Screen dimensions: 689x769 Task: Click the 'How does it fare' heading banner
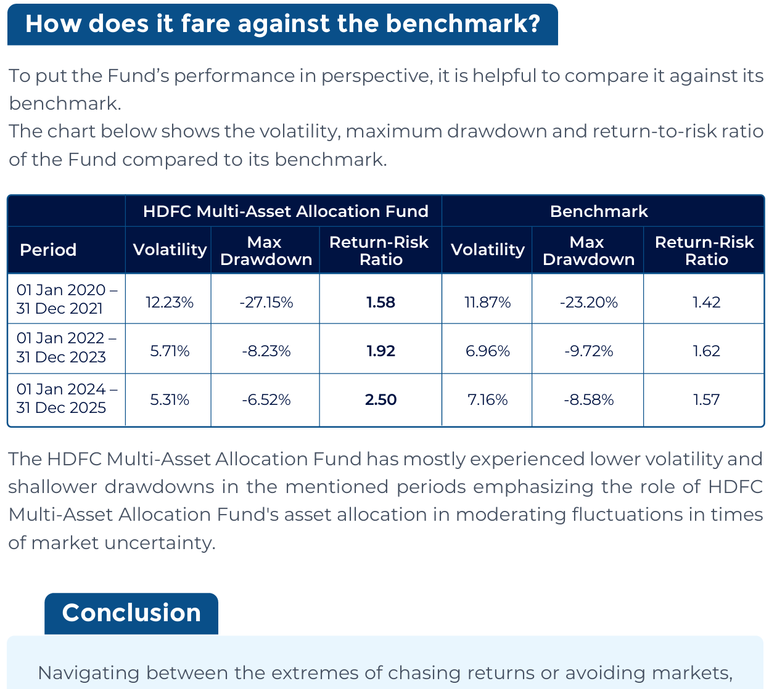282,24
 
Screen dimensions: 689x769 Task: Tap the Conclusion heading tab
131,613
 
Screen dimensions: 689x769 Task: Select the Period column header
48,250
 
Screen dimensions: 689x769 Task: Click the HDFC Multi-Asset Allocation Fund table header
286,211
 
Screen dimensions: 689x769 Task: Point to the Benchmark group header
599,211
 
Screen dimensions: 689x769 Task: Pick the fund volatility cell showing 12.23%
170,303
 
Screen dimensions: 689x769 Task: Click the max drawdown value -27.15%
266,303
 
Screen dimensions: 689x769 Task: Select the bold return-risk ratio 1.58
380,303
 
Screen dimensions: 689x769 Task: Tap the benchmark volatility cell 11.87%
487,303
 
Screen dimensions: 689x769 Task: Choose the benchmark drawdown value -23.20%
589,303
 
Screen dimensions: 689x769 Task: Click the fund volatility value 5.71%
170,351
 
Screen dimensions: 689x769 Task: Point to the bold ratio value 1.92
380,351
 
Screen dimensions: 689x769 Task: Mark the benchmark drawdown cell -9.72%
589,351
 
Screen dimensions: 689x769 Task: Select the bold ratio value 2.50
380,400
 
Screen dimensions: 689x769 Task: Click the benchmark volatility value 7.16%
487,400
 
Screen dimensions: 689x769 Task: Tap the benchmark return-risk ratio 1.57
706,400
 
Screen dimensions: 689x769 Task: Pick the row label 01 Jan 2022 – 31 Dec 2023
66,348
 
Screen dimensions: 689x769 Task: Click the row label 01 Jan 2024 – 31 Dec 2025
66,398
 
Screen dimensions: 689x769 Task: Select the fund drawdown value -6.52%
266,400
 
